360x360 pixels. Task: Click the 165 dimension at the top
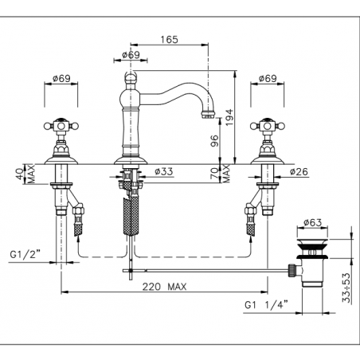(170, 40)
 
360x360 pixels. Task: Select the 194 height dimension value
(229, 117)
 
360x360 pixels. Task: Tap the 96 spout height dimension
(214, 141)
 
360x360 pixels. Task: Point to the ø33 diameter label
(164, 171)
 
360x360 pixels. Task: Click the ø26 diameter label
(299, 172)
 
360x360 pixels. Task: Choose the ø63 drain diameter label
(313, 222)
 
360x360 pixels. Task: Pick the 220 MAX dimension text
(165, 287)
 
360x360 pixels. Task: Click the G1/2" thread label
(25, 255)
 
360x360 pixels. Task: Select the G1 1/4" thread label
(266, 305)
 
